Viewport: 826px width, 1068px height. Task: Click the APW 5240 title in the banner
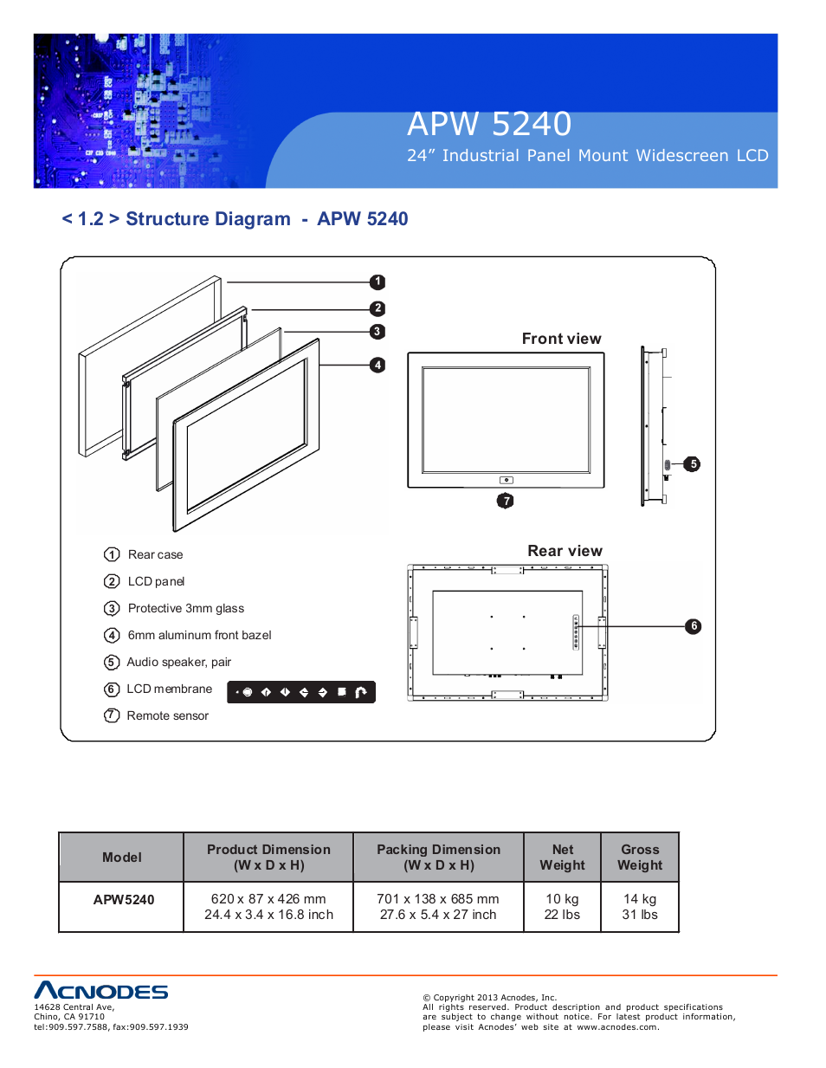(x=489, y=124)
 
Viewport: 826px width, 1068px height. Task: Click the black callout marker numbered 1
(x=378, y=282)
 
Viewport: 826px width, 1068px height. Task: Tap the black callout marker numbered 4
(x=378, y=365)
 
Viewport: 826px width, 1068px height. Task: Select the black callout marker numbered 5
(x=693, y=464)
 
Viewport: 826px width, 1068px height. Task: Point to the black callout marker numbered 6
(x=694, y=626)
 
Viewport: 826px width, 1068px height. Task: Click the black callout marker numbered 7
(x=506, y=501)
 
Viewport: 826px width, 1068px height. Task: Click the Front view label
(x=561, y=339)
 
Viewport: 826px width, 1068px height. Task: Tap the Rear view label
(x=565, y=551)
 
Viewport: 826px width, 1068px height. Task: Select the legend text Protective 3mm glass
(x=185, y=608)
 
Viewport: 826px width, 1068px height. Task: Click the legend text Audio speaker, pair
(x=178, y=662)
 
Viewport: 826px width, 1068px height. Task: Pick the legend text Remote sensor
(x=167, y=715)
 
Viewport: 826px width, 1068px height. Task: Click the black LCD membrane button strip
(x=301, y=692)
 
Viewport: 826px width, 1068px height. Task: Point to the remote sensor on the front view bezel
(x=507, y=480)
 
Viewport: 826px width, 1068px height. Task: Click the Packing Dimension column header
(x=438, y=857)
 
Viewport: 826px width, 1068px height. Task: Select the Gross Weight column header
(x=640, y=857)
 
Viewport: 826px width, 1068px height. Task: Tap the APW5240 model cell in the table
(x=123, y=899)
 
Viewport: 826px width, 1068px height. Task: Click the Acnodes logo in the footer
(x=101, y=991)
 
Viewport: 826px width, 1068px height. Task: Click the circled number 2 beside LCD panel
(x=112, y=581)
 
